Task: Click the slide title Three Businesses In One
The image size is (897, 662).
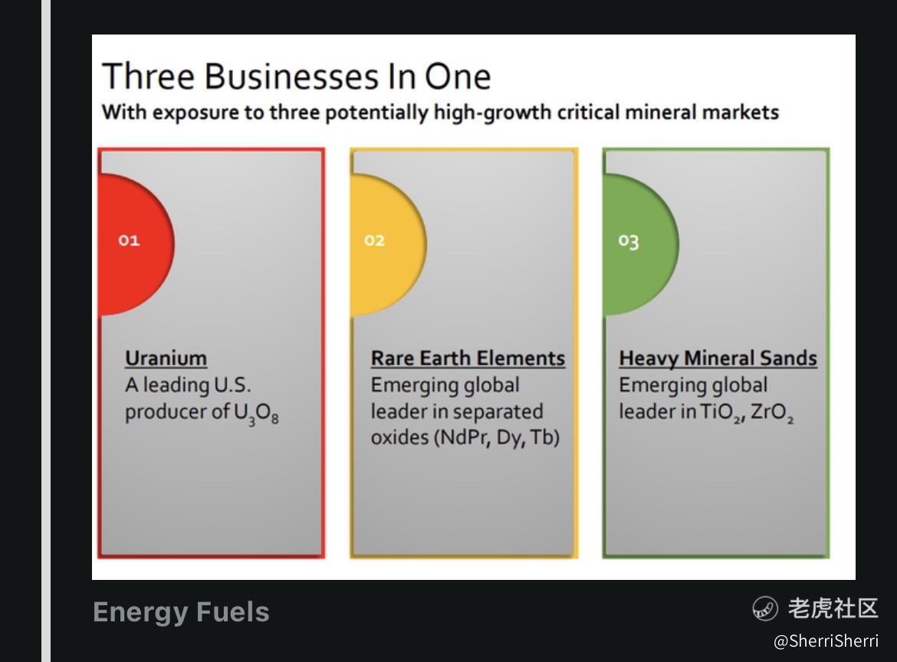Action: pyautogui.click(x=297, y=76)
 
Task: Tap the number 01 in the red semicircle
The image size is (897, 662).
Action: pyautogui.click(x=129, y=240)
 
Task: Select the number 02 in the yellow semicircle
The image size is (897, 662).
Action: pyautogui.click(x=375, y=240)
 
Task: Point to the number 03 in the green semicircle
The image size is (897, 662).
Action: pyautogui.click(x=628, y=241)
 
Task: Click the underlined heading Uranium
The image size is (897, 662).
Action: pyautogui.click(x=166, y=358)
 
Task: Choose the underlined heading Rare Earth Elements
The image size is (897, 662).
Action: pyautogui.click(x=468, y=358)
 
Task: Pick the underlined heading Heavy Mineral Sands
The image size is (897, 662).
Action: pyautogui.click(x=718, y=358)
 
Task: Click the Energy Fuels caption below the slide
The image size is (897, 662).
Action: pyautogui.click(x=181, y=612)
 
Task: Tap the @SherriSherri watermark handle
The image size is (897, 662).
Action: pyautogui.click(x=826, y=641)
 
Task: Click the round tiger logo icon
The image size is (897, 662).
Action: pyautogui.click(x=765, y=608)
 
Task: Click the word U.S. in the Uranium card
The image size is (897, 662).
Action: pyautogui.click(x=232, y=385)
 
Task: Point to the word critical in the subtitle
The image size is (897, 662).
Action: pyautogui.click(x=588, y=112)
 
